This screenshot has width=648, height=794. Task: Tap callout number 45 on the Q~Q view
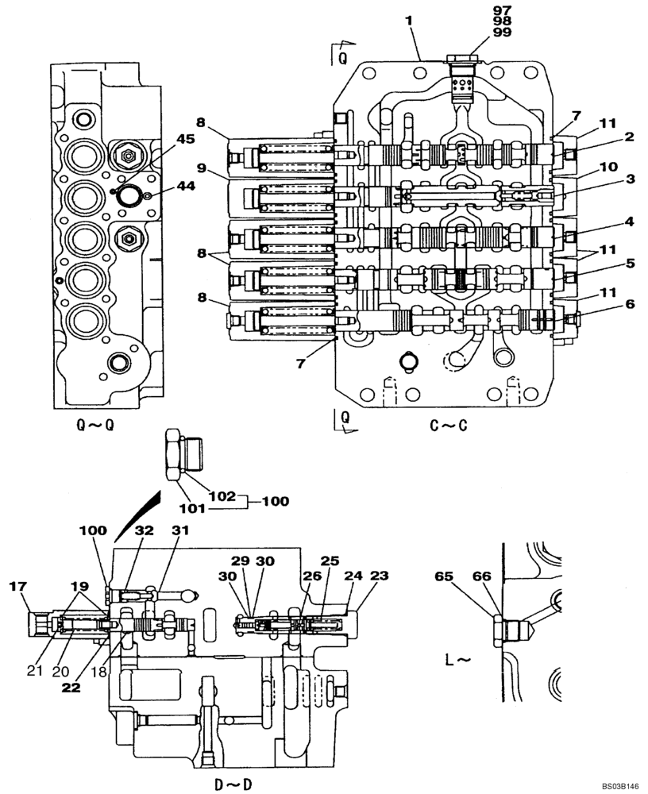click(185, 139)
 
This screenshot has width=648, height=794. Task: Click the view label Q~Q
click(95, 426)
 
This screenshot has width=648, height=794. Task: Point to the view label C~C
click(449, 426)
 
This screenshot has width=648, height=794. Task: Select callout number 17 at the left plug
click(17, 588)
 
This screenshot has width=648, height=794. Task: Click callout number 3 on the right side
click(628, 179)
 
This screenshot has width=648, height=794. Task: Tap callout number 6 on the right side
click(628, 303)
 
